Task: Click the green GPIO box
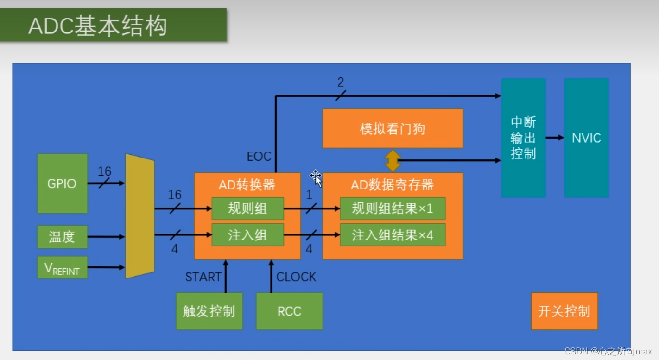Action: [x=62, y=183]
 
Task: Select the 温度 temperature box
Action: [x=62, y=237]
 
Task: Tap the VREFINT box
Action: [x=62, y=267]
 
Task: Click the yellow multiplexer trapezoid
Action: [x=139, y=216]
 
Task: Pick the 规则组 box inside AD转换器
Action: [x=247, y=208]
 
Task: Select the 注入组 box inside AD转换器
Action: [x=247, y=235]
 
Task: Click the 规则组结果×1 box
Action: [x=392, y=208]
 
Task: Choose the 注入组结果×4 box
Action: [x=392, y=235]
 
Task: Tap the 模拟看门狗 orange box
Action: [x=392, y=128]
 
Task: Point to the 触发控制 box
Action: [x=209, y=311]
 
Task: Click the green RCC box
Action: [x=289, y=311]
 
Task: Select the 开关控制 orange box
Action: [x=564, y=311]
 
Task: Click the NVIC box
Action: [x=586, y=138]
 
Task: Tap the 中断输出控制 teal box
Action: [x=523, y=138]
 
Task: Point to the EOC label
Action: [x=259, y=156]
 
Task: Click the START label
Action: [x=203, y=277]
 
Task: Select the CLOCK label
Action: [x=296, y=277]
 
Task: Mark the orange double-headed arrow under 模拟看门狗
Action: [x=393, y=160]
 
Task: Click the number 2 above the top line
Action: [x=341, y=82]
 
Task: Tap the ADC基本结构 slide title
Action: [x=97, y=26]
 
